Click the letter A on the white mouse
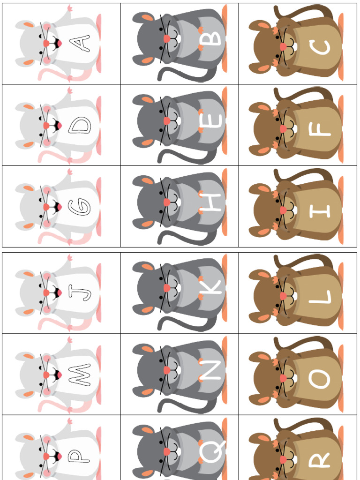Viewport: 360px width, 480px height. point(80,44)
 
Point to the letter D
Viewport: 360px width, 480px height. point(79,125)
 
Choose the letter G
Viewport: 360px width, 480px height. point(79,207)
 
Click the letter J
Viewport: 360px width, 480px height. point(79,293)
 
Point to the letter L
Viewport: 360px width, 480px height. point(320,297)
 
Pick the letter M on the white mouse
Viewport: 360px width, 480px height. point(79,375)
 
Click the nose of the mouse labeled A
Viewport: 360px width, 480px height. point(46,44)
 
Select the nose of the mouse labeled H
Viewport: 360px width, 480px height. point(167,202)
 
